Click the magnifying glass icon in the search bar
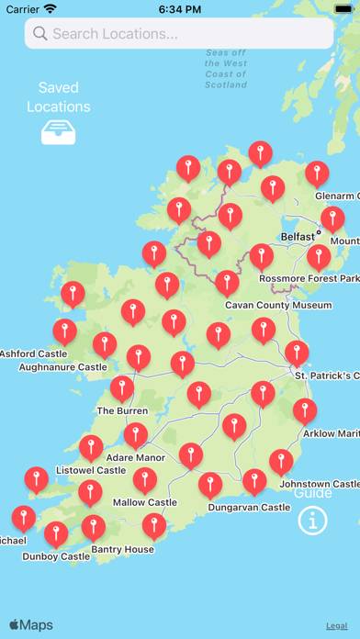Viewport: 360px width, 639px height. coord(40,34)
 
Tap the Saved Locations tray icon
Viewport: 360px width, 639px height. coord(58,134)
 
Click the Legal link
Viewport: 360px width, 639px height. coord(335,625)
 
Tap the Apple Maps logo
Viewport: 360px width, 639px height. coord(31,625)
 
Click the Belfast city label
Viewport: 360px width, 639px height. coord(297,236)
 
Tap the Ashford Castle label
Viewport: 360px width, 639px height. coord(34,353)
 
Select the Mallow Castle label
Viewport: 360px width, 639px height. coord(144,503)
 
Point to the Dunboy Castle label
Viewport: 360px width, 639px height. coord(57,556)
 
